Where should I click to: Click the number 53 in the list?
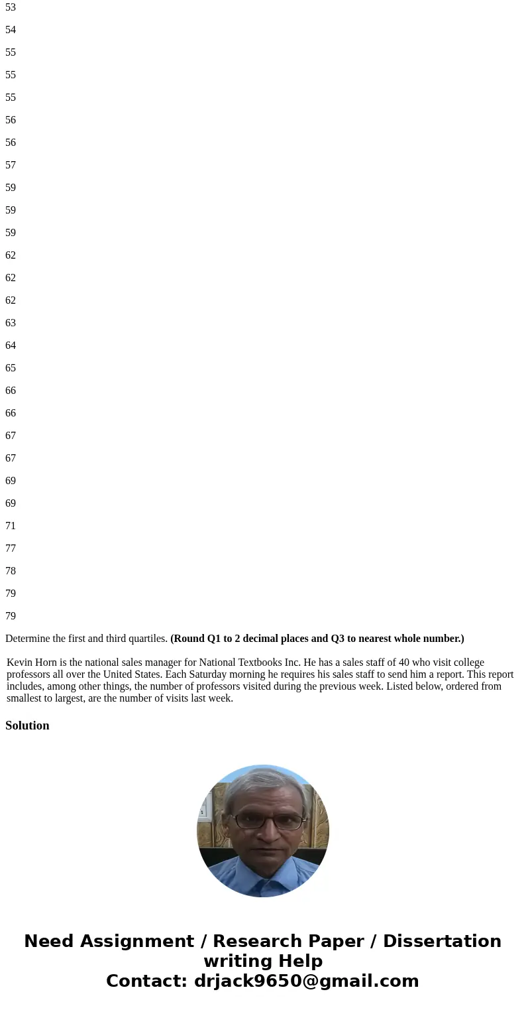(x=11, y=7)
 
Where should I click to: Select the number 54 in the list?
(x=11, y=30)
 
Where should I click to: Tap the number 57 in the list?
(x=11, y=165)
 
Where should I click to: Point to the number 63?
(x=11, y=323)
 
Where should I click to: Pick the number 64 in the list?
(x=11, y=346)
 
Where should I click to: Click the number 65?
(x=11, y=368)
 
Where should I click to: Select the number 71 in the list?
(x=11, y=526)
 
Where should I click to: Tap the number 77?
(x=11, y=548)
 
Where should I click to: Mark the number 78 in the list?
(x=11, y=571)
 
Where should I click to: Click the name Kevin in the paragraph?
(x=19, y=663)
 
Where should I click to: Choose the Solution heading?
(x=27, y=726)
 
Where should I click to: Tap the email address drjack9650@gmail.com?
(x=307, y=981)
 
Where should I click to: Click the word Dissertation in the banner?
(x=442, y=941)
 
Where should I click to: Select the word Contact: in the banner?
(x=147, y=981)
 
